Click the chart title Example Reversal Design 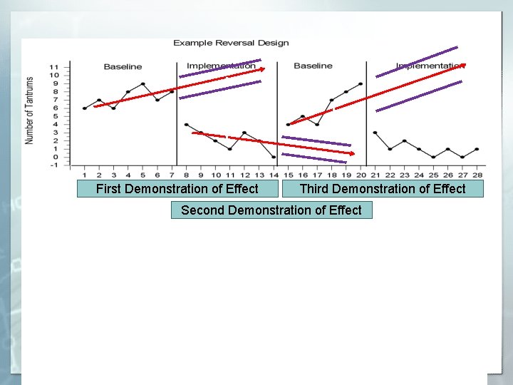[x=231, y=43]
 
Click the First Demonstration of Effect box [x=177, y=189]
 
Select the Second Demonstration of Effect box [x=271, y=210]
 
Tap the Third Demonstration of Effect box [x=383, y=189]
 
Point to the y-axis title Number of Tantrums [x=30, y=111]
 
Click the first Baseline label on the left [x=123, y=67]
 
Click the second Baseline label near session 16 [x=313, y=66]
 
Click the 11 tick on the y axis [x=54, y=68]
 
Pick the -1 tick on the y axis [x=54, y=165]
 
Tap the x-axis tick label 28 [x=477, y=175]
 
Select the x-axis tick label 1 [x=85, y=175]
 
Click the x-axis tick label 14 [x=274, y=175]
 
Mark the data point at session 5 [x=142, y=84]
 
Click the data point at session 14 [x=274, y=157]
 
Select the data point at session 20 [x=361, y=84]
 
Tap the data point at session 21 [x=375, y=133]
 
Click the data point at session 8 [x=186, y=125]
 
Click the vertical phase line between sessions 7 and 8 [x=177, y=114]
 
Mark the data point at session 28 [x=477, y=149]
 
